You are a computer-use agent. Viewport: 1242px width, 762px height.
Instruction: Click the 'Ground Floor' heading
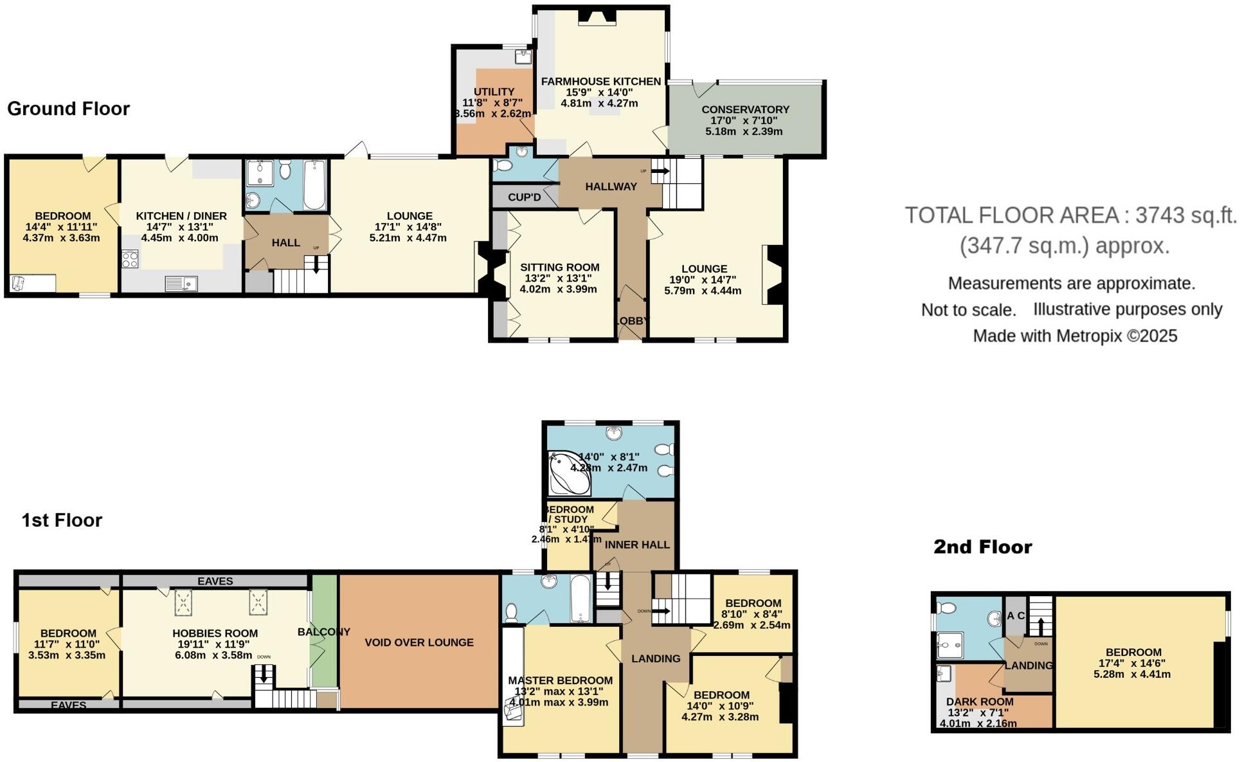[x=68, y=109]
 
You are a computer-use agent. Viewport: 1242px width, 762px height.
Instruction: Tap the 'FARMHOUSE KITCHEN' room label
[x=600, y=82]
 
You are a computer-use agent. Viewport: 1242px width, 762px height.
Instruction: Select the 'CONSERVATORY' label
[x=745, y=110]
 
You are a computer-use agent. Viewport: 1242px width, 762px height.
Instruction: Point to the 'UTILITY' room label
[x=494, y=92]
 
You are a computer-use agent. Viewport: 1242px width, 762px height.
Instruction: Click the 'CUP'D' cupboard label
[x=524, y=197]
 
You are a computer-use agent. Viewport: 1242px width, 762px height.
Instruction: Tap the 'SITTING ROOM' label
[x=559, y=268]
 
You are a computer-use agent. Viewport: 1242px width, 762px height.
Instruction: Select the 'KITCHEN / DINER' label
[x=181, y=216]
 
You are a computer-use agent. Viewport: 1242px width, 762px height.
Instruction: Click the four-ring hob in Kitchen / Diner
[x=130, y=260]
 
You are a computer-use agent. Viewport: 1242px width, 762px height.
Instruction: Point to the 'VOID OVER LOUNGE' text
[x=419, y=642]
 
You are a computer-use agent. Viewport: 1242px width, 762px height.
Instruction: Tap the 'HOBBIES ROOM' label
[x=215, y=633]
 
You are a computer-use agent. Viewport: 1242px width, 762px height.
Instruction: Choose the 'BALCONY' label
[x=323, y=632]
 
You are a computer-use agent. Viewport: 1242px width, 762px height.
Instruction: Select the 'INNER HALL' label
[x=637, y=545]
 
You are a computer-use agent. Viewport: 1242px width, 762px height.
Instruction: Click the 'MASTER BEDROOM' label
[x=560, y=680]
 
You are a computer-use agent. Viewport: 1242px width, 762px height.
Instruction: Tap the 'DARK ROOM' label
[x=979, y=702]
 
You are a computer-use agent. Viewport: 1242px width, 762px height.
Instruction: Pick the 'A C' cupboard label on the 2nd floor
[x=1016, y=616]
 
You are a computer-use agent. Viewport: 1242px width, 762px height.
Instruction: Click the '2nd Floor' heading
[x=982, y=547]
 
